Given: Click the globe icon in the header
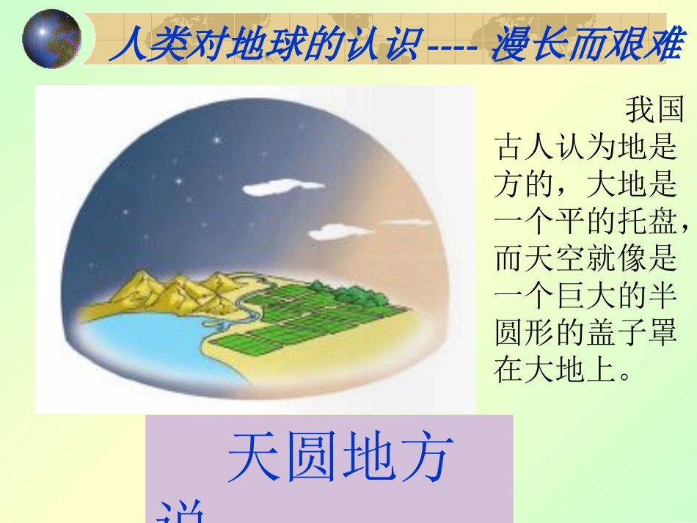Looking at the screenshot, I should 51,37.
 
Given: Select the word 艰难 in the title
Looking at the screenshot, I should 646,46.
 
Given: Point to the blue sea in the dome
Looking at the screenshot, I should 132,345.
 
